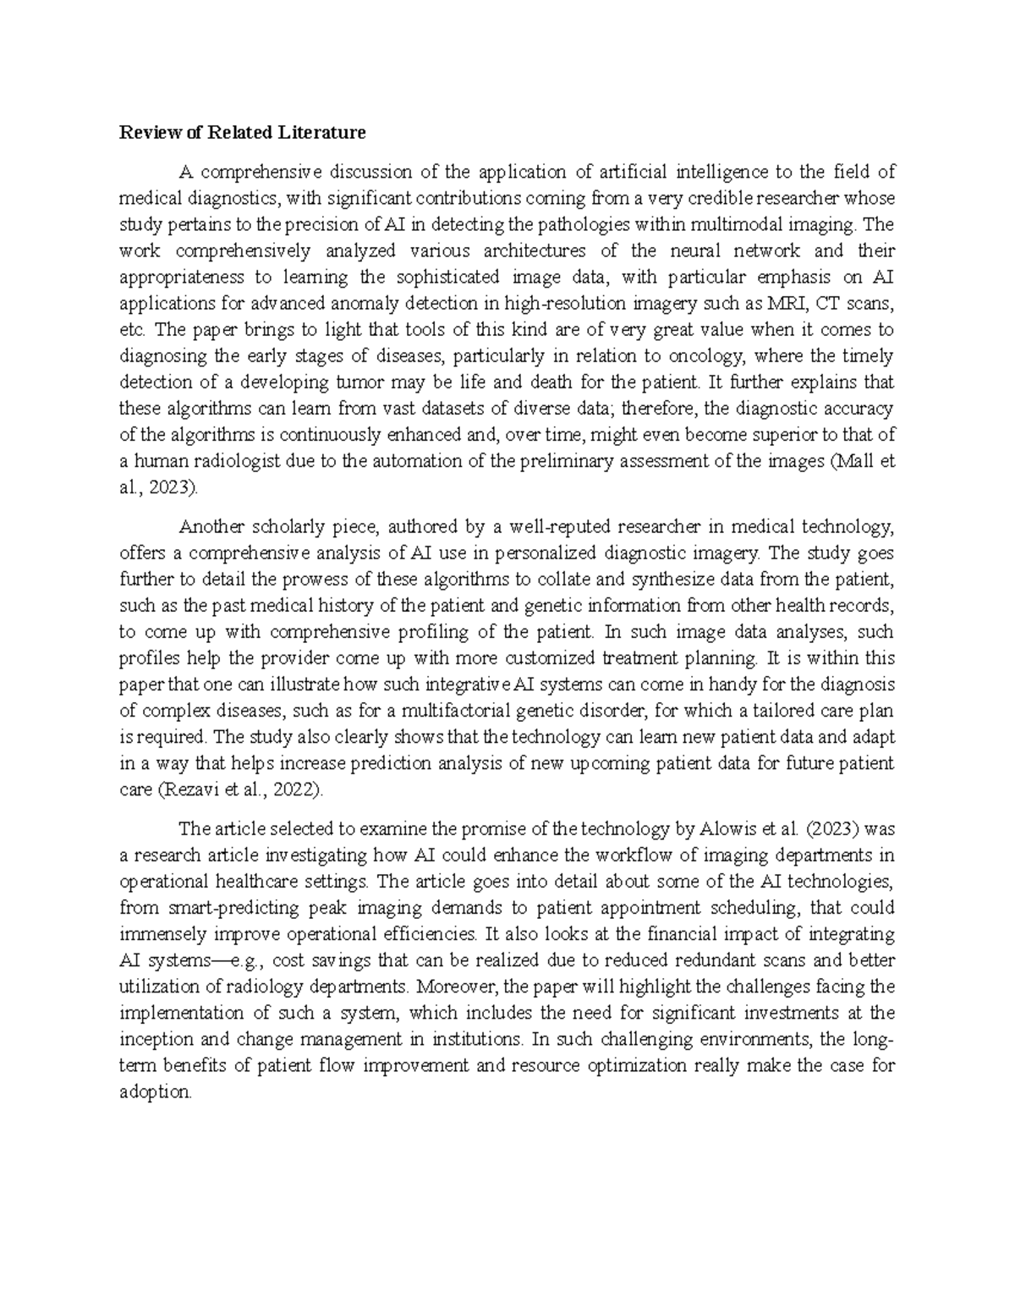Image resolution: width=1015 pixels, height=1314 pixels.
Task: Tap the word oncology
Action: click(x=715, y=355)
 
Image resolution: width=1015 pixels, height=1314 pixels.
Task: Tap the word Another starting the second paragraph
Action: click(x=209, y=527)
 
